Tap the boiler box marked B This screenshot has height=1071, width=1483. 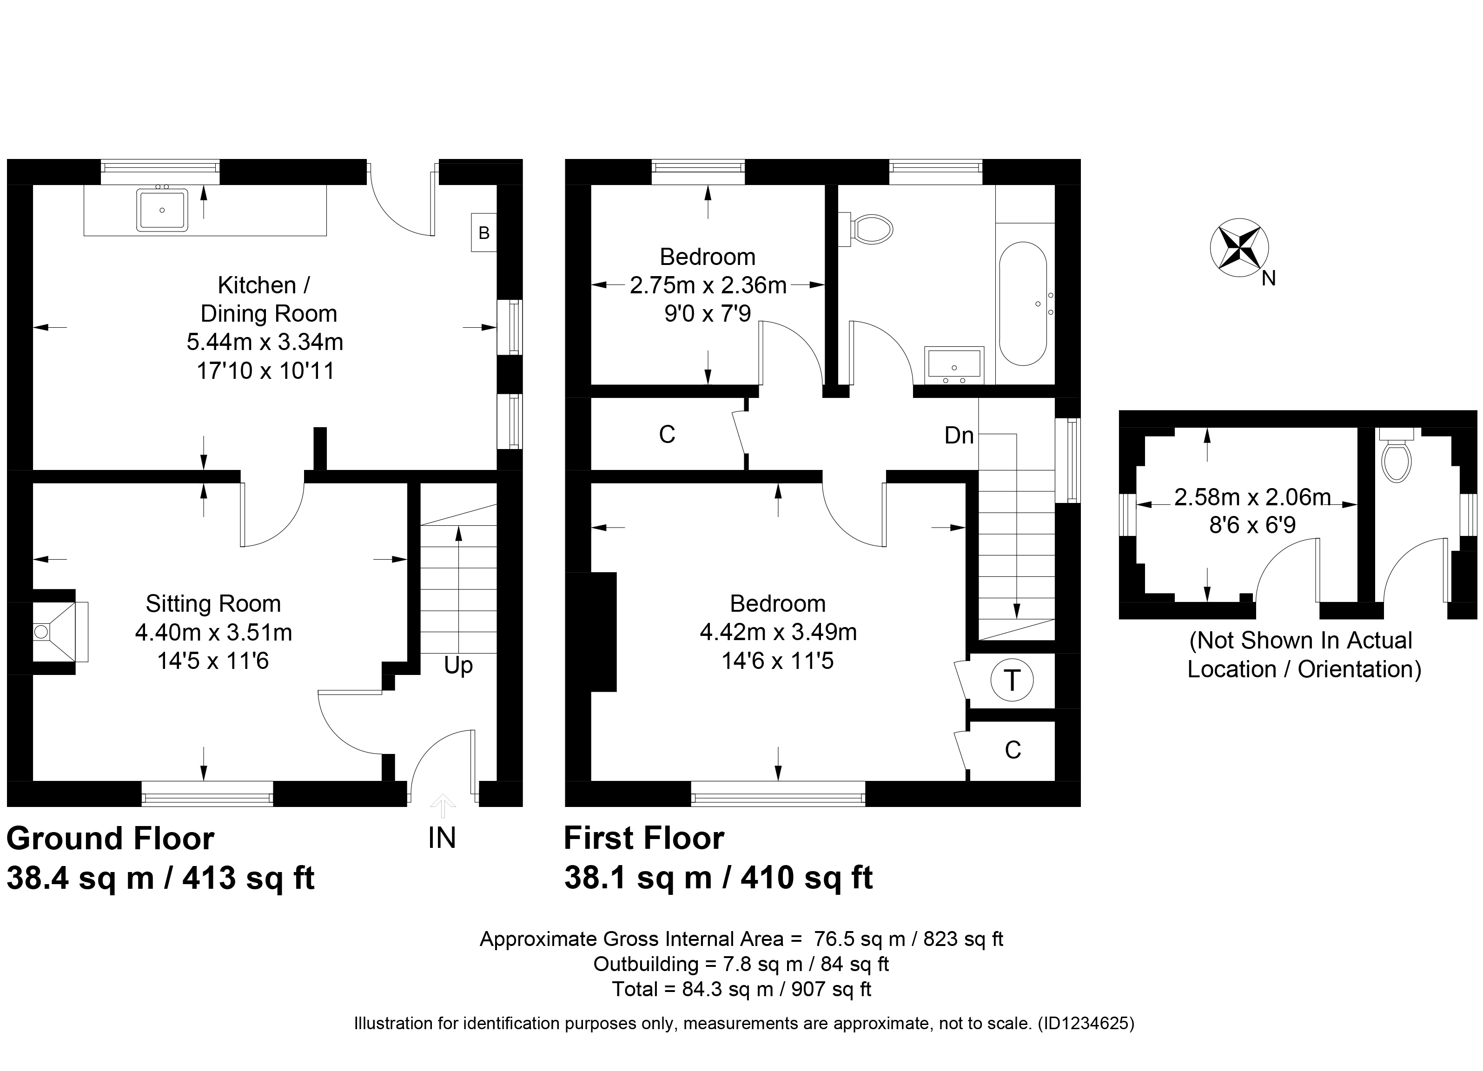[484, 232]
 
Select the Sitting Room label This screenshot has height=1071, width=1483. [213, 603]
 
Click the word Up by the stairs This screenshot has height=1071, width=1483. [458, 666]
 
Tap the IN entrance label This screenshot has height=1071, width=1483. [442, 838]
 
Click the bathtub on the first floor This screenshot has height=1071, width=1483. [1023, 304]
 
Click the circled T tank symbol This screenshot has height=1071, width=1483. [1012, 680]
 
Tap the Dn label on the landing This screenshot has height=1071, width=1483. [959, 436]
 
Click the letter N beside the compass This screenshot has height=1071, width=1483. [1269, 278]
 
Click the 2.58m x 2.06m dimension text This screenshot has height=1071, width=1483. [1252, 497]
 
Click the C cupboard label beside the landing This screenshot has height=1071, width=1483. [667, 435]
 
